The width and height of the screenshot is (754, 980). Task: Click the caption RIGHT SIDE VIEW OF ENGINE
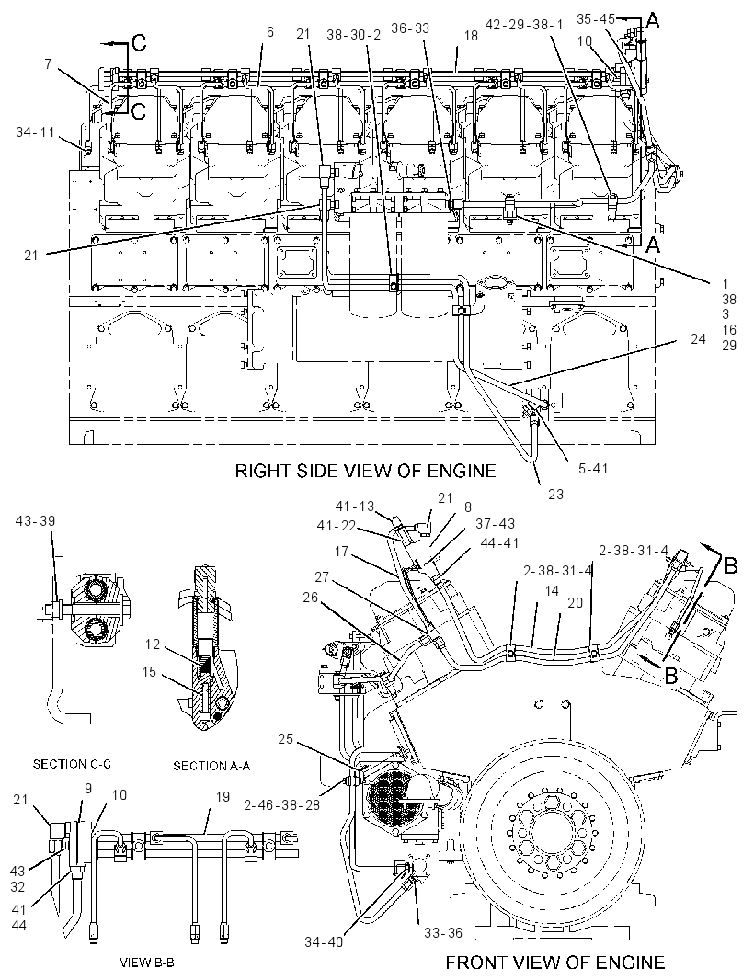[x=365, y=471]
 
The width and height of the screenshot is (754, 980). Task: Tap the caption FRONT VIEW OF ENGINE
[x=554, y=963]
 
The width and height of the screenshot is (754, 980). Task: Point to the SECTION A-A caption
[x=211, y=766]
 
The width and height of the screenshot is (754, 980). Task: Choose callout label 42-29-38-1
[x=524, y=25]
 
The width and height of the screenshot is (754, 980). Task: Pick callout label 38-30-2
[x=353, y=35]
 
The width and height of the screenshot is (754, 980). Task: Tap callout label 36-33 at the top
[x=410, y=28]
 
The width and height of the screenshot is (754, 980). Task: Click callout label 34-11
[x=36, y=131]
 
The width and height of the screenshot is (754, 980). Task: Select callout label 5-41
[x=593, y=468]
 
